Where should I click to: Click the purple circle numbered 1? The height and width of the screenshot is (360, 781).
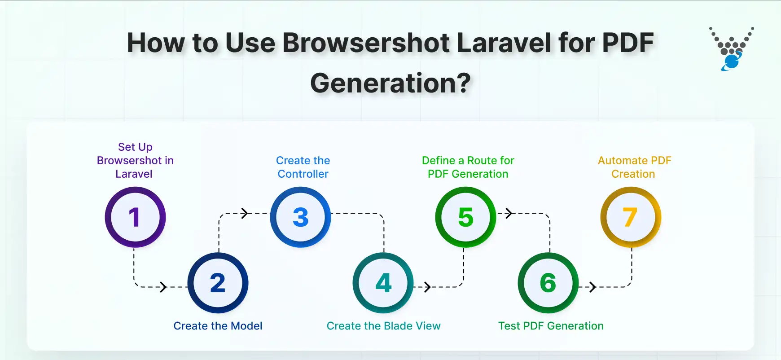pos(135,217)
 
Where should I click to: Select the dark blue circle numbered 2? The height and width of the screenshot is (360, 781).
pos(218,283)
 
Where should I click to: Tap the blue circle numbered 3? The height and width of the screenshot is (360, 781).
pos(300,217)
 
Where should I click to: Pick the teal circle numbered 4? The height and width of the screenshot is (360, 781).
pos(383,283)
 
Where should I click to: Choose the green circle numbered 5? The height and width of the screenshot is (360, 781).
pos(465,217)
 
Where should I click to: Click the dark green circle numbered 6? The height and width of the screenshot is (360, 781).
pos(548,283)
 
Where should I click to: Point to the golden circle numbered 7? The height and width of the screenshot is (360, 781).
pos(631,217)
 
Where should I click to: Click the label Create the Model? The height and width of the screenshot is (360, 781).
pos(218,326)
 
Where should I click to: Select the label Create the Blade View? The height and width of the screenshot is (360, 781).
pos(383,326)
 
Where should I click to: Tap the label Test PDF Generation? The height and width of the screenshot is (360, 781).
pos(551,326)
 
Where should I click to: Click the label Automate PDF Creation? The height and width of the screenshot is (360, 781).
pos(634,167)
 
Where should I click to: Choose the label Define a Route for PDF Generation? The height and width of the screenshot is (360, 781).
pos(468,167)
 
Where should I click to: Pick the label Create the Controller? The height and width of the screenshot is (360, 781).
pos(303,167)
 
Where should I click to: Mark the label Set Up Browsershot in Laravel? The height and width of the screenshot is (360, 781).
pos(135,160)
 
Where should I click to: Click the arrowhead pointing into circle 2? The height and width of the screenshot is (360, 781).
pos(164,287)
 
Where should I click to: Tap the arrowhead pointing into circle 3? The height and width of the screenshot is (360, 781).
pos(245,213)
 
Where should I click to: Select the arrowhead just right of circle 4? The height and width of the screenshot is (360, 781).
pos(427,287)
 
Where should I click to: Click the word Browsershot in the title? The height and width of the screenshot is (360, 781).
pos(366,43)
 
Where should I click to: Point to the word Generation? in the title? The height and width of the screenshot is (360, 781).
pos(390,83)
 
